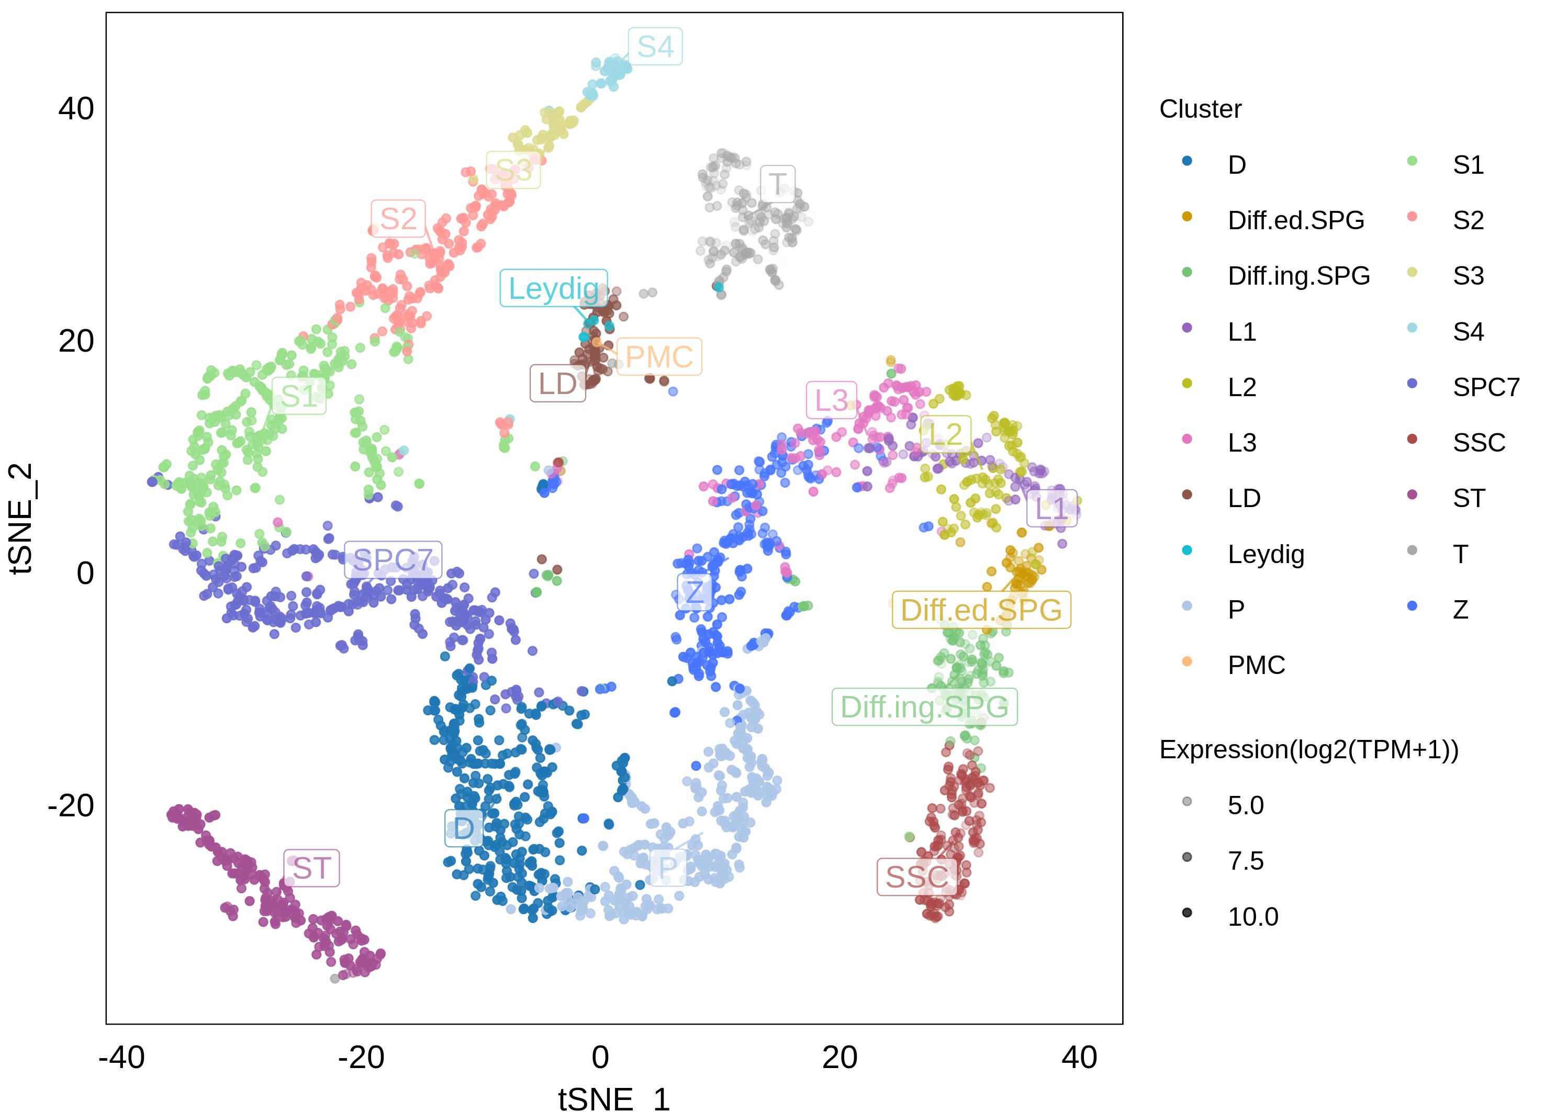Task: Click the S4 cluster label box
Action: (x=654, y=46)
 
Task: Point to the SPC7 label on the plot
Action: (x=393, y=560)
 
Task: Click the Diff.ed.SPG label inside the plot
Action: (x=980, y=610)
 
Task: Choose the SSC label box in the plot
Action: (x=916, y=877)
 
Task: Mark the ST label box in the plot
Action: (x=311, y=868)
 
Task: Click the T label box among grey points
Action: (x=777, y=184)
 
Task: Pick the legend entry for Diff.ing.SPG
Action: (x=1298, y=276)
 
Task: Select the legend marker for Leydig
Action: (x=1186, y=550)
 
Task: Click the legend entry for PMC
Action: (x=1256, y=665)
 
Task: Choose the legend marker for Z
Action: (x=1412, y=605)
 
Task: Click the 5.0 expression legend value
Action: (x=1245, y=805)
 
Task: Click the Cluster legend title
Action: (x=1200, y=109)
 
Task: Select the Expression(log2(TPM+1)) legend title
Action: (x=1308, y=750)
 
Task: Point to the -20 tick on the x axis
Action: (x=361, y=1058)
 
